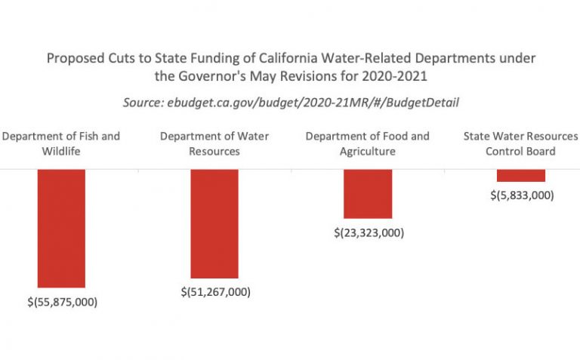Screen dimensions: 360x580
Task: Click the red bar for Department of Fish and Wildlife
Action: tap(61, 228)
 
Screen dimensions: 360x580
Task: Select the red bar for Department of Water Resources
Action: tap(214, 223)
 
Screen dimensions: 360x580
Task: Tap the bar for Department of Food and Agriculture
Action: tap(368, 194)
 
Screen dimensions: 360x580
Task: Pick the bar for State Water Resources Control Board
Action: tap(520, 175)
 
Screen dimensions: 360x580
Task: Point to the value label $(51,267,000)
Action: tap(215, 291)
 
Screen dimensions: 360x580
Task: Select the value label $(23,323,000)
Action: tap(369, 232)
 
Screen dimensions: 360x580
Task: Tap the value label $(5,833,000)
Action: tap(521, 195)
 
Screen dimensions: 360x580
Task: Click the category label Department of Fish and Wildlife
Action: tap(61, 143)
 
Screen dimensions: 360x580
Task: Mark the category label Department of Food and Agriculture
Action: tap(368, 143)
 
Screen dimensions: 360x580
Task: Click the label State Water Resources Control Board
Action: tap(520, 143)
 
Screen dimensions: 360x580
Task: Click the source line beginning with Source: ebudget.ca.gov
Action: tap(291, 102)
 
